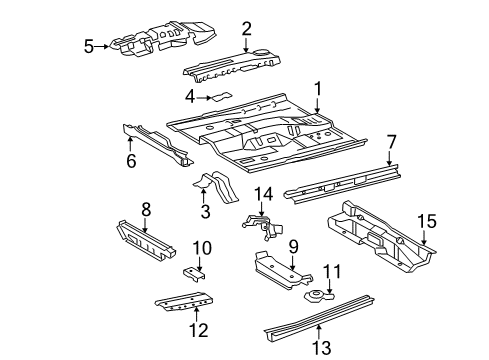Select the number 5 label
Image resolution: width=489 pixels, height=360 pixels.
[88, 46]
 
